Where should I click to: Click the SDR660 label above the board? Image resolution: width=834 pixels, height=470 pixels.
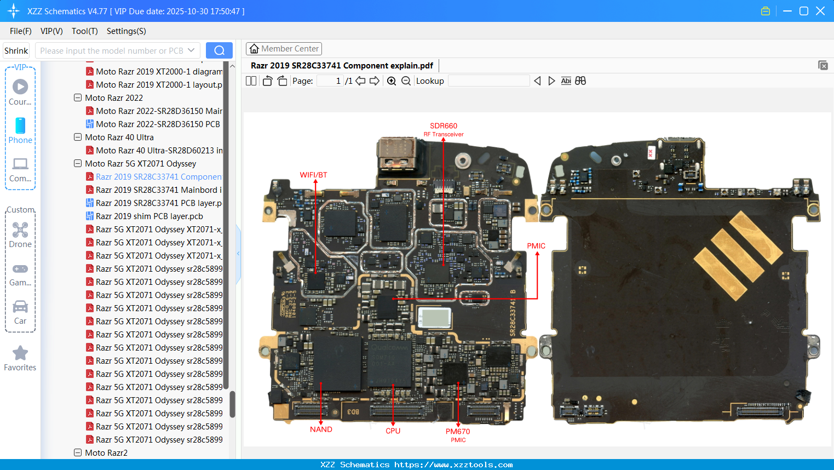(x=443, y=126)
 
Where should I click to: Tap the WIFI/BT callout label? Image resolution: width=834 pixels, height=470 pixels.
(x=313, y=175)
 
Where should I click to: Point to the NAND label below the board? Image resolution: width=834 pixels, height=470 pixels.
(x=321, y=429)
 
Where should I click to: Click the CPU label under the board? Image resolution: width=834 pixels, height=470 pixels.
(x=393, y=431)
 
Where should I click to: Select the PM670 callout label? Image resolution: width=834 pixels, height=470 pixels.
(x=458, y=432)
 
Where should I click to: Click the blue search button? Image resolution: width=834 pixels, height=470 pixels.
(x=219, y=50)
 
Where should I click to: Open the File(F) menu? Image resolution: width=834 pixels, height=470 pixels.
(x=21, y=31)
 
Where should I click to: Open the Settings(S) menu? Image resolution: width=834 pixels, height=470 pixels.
(x=126, y=31)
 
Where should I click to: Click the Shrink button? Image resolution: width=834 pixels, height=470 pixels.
(x=16, y=50)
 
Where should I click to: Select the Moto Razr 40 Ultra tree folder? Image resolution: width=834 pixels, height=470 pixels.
(x=119, y=137)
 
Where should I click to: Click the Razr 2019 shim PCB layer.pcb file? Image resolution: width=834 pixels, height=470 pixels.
(x=149, y=216)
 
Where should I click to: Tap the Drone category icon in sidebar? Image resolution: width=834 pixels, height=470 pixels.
(x=20, y=230)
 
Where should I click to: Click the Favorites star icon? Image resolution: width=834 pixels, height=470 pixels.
(x=20, y=353)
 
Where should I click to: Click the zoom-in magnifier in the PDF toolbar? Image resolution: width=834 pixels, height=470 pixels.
(x=392, y=81)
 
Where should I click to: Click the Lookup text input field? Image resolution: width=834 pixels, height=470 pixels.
(x=488, y=81)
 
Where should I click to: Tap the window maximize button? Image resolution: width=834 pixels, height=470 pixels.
(x=804, y=11)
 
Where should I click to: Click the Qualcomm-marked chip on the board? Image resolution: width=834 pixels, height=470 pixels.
(x=389, y=361)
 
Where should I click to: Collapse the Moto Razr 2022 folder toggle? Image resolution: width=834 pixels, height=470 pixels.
(x=78, y=98)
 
